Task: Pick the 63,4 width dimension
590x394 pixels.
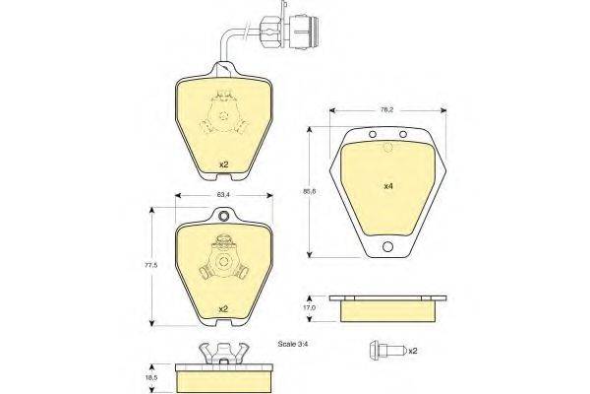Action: coord(222,196)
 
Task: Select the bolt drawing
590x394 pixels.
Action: coord(383,350)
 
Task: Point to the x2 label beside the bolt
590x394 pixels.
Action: coord(412,351)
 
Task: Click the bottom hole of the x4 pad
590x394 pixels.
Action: coord(387,247)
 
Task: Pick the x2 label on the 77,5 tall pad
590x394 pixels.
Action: coord(222,309)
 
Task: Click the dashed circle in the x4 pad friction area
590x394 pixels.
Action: coord(386,150)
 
